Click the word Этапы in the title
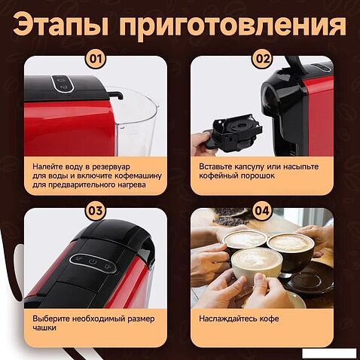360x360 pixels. (x=61, y=26)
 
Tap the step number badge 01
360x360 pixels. (x=96, y=59)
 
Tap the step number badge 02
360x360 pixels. (x=262, y=59)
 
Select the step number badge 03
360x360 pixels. (x=96, y=211)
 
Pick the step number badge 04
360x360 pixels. (x=262, y=211)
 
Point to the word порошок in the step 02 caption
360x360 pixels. (x=258, y=175)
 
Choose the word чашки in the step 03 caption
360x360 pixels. (x=44, y=328)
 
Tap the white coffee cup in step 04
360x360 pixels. (x=257, y=264)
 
